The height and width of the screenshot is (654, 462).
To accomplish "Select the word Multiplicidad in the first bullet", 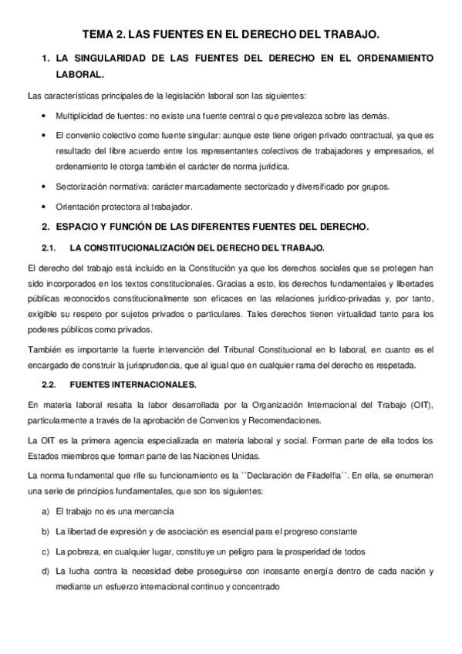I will coord(79,116).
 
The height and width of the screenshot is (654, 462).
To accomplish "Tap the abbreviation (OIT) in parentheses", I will coord(421,404).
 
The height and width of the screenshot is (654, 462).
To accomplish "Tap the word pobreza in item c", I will coord(79,551).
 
